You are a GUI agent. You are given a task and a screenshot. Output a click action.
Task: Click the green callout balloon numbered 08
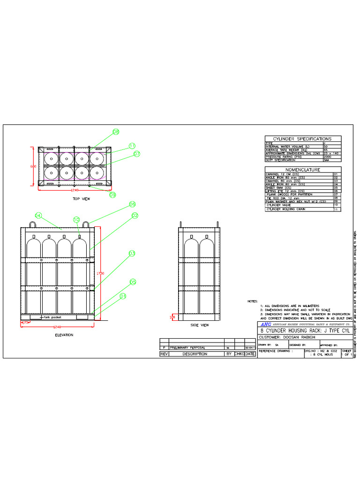[116, 132]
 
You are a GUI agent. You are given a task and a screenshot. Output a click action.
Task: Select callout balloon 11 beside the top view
[132, 146]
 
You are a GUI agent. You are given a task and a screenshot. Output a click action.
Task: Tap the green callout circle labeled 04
[38, 216]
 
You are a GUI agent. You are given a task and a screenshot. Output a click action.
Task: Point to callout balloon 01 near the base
[123, 296]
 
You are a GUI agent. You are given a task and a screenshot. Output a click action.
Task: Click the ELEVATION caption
[64, 335]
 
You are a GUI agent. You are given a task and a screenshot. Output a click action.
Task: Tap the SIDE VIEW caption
[200, 325]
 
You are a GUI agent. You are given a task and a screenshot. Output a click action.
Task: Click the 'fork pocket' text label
[52, 317]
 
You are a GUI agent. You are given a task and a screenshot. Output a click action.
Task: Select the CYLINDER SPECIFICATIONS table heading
[302, 139]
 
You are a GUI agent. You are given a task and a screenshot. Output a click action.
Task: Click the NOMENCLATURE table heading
[303, 170]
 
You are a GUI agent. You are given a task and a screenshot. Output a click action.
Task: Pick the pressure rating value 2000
[327, 156]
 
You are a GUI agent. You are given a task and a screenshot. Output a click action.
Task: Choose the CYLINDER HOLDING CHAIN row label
[283, 209]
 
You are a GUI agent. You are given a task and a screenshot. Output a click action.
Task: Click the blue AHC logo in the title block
[266, 325]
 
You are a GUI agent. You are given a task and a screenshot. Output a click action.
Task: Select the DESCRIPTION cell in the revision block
[195, 354]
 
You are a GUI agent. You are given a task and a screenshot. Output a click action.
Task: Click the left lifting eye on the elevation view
[34, 224]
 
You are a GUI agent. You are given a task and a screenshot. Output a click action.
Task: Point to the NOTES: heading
[253, 301]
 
